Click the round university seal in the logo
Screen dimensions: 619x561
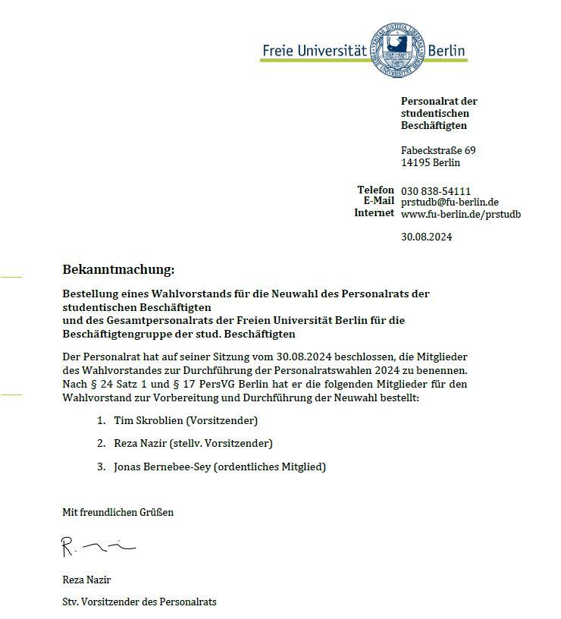(397, 50)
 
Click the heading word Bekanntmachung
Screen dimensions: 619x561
(118, 269)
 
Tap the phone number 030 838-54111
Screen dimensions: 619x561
(436, 190)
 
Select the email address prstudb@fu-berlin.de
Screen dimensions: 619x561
(450, 202)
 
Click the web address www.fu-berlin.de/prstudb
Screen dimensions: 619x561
(461, 214)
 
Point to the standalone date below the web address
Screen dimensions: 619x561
(426, 237)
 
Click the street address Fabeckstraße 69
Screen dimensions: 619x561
(438, 150)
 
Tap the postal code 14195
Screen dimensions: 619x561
(415, 162)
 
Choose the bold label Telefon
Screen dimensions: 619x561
(376, 190)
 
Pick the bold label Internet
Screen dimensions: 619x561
(375, 213)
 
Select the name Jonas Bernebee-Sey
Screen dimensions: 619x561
(162, 467)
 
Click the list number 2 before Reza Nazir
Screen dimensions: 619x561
(101, 443)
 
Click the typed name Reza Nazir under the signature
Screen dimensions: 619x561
(86, 580)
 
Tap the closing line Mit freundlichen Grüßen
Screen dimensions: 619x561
(118, 512)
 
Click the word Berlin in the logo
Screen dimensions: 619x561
(447, 51)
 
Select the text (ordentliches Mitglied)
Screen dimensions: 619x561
(270, 467)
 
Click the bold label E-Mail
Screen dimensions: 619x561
(379, 201)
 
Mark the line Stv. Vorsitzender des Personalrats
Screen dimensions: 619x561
(139, 602)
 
